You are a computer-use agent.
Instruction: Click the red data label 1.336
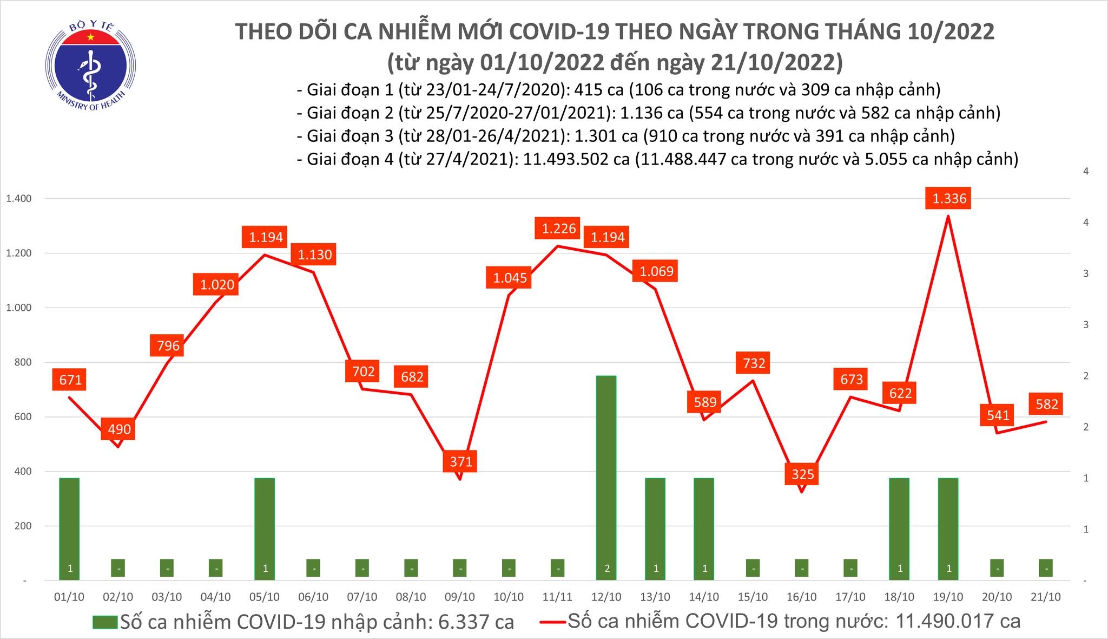pos(949,198)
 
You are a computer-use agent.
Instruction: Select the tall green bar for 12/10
pos(606,477)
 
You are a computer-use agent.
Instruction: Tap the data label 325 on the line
pos(802,474)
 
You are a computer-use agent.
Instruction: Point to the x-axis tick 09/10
pos(460,597)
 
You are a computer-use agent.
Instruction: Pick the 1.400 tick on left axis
pos(19,199)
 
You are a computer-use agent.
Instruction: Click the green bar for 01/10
pos(69,528)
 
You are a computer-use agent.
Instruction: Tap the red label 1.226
pos(559,228)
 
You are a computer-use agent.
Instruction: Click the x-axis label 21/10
pos(1046,597)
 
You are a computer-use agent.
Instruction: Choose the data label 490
pos(119,429)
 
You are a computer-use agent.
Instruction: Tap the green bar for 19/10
pos(949,528)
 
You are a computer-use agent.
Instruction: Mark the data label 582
pos(1047,403)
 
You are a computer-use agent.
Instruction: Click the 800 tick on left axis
pos(22,362)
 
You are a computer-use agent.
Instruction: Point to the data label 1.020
pos(217,284)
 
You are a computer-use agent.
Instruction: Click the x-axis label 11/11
pos(557,597)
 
